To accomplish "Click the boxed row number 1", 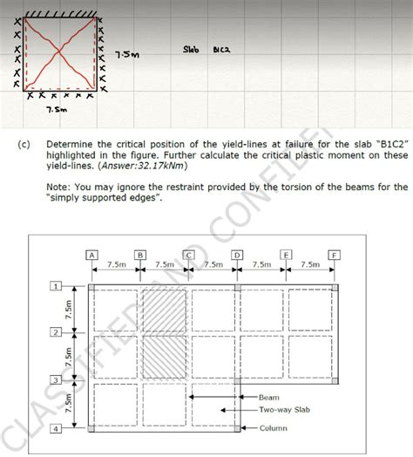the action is (x=56, y=286).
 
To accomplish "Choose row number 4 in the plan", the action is (x=56, y=429).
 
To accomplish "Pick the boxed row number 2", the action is (x=56, y=333).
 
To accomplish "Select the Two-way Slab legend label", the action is (x=283, y=409).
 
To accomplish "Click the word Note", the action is (x=59, y=187).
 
